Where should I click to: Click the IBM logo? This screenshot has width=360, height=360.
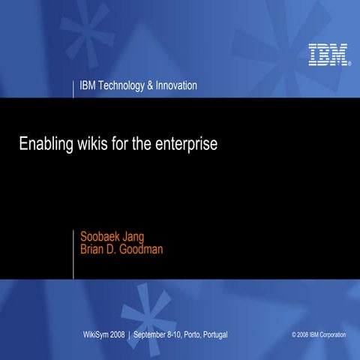click(x=327, y=55)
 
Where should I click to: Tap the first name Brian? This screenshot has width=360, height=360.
click(x=94, y=250)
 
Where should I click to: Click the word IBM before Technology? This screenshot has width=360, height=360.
click(x=88, y=85)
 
